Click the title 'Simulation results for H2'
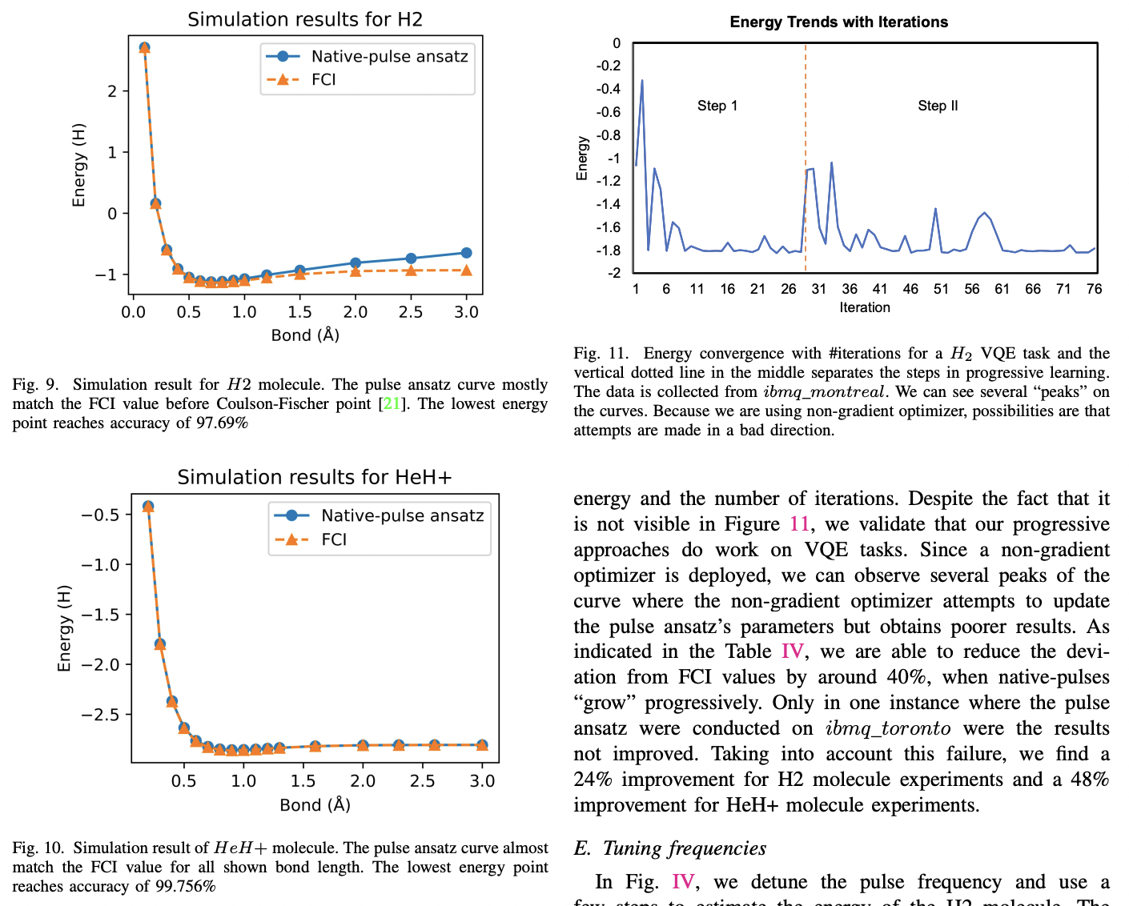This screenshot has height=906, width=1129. pyautogui.click(x=305, y=19)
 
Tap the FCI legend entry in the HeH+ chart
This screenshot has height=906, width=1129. pyautogui.click(x=334, y=539)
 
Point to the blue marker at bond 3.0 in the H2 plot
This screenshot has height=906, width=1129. pyautogui.click(x=466, y=253)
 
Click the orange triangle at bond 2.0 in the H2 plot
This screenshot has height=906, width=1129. pyautogui.click(x=356, y=271)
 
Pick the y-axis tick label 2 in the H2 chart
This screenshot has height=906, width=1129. pyautogui.click(x=112, y=91)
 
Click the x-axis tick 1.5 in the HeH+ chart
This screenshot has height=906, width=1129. pyautogui.click(x=303, y=781)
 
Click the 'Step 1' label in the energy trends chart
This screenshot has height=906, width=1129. pyautogui.click(x=717, y=106)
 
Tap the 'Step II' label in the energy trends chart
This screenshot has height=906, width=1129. pyautogui.click(x=938, y=106)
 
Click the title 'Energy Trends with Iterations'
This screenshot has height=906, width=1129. pyautogui.click(x=838, y=22)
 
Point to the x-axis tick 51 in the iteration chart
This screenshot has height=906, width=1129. pyautogui.click(x=941, y=289)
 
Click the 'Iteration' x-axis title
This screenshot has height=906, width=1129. pyautogui.click(x=865, y=307)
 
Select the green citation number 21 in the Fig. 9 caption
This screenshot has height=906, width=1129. pyautogui.click(x=391, y=403)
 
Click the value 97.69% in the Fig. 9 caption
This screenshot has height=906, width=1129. pyautogui.click(x=222, y=423)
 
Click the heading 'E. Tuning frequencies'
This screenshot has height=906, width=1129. pyautogui.click(x=670, y=848)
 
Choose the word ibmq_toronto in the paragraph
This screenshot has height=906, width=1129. pyautogui.click(x=888, y=728)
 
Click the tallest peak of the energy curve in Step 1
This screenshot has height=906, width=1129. pyautogui.click(x=642, y=81)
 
